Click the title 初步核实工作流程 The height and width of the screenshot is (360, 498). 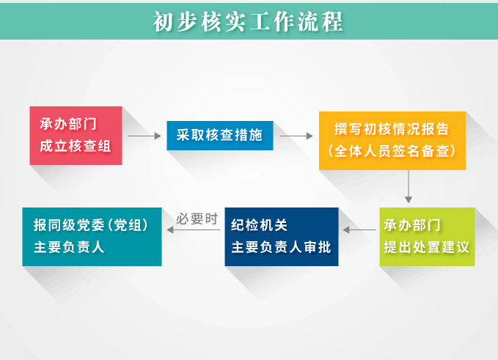(248, 21)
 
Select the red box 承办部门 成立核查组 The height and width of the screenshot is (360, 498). (76, 136)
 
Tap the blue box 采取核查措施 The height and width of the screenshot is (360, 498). (220, 136)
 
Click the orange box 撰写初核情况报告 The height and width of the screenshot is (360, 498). (392, 141)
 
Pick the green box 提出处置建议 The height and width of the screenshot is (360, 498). (427, 237)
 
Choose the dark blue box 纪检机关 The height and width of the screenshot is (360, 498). (282, 237)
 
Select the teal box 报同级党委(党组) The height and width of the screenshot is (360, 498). (92, 237)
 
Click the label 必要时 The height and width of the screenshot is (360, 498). (197, 218)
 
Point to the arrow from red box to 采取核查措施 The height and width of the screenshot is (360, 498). (144, 136)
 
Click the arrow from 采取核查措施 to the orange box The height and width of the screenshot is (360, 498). (296, 136)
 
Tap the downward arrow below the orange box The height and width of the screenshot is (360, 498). (409, 187)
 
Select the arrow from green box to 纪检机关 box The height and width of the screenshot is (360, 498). (359, 229)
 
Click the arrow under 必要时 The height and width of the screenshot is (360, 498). (194, 229)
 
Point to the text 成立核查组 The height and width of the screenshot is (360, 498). (76, 147)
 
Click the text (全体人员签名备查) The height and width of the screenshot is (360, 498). (392, 151)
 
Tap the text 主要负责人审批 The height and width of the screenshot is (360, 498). (282, 247)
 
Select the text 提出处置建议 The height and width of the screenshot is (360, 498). (427, 247)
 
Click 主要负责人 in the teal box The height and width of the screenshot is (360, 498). (69, 247)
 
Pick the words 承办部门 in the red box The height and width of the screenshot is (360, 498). (68, 124)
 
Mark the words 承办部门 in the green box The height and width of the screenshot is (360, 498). (412, 225)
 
